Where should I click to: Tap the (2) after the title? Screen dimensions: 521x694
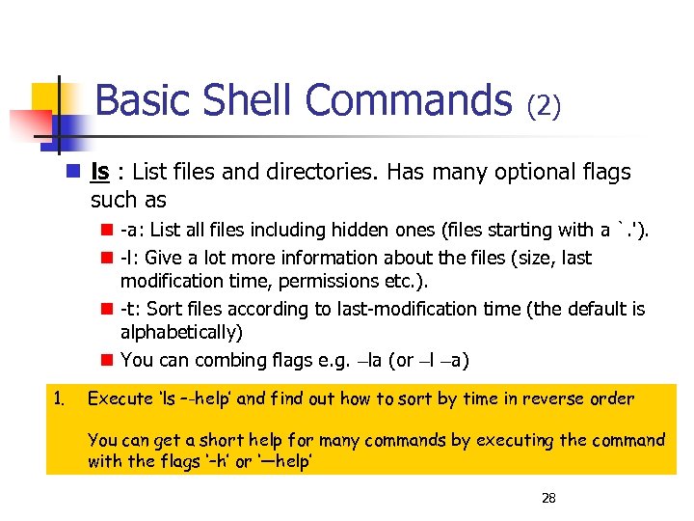pos(544,104)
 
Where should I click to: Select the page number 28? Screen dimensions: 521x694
pos(548,498)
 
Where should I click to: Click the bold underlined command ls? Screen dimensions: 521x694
pos(98,173)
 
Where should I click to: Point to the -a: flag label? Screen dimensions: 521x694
pos(133,230)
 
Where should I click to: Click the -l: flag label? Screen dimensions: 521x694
pos(132,258)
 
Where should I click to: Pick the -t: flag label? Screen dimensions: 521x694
pos(132,309)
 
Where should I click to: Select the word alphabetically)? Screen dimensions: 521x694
pos(181,332)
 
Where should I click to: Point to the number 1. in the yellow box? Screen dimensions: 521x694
pos(59,398)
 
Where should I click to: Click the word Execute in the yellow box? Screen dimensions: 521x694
pos(120,398)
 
